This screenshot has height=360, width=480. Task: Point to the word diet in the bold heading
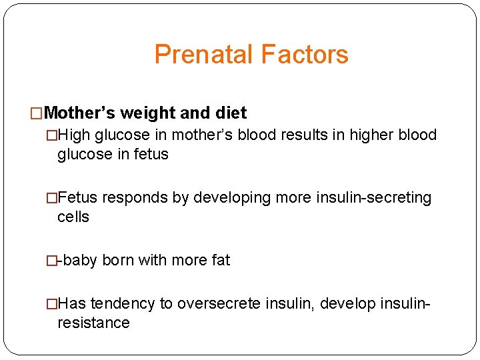pyautogui.click(x=231, y=113)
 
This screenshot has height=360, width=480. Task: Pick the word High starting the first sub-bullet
pyautogui.click(x=75, y=135)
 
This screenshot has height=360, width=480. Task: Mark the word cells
pyautogui.click(x=73, y=217)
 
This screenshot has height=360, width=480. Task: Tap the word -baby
pyautogui.click(x=77, y=260)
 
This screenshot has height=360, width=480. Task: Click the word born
pyautogui.click(x=118, y=260)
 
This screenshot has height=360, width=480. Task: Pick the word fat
pyautogui.click(x=221, y=260)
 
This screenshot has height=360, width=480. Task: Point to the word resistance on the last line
pyautogui.click(x=93, y=323)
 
